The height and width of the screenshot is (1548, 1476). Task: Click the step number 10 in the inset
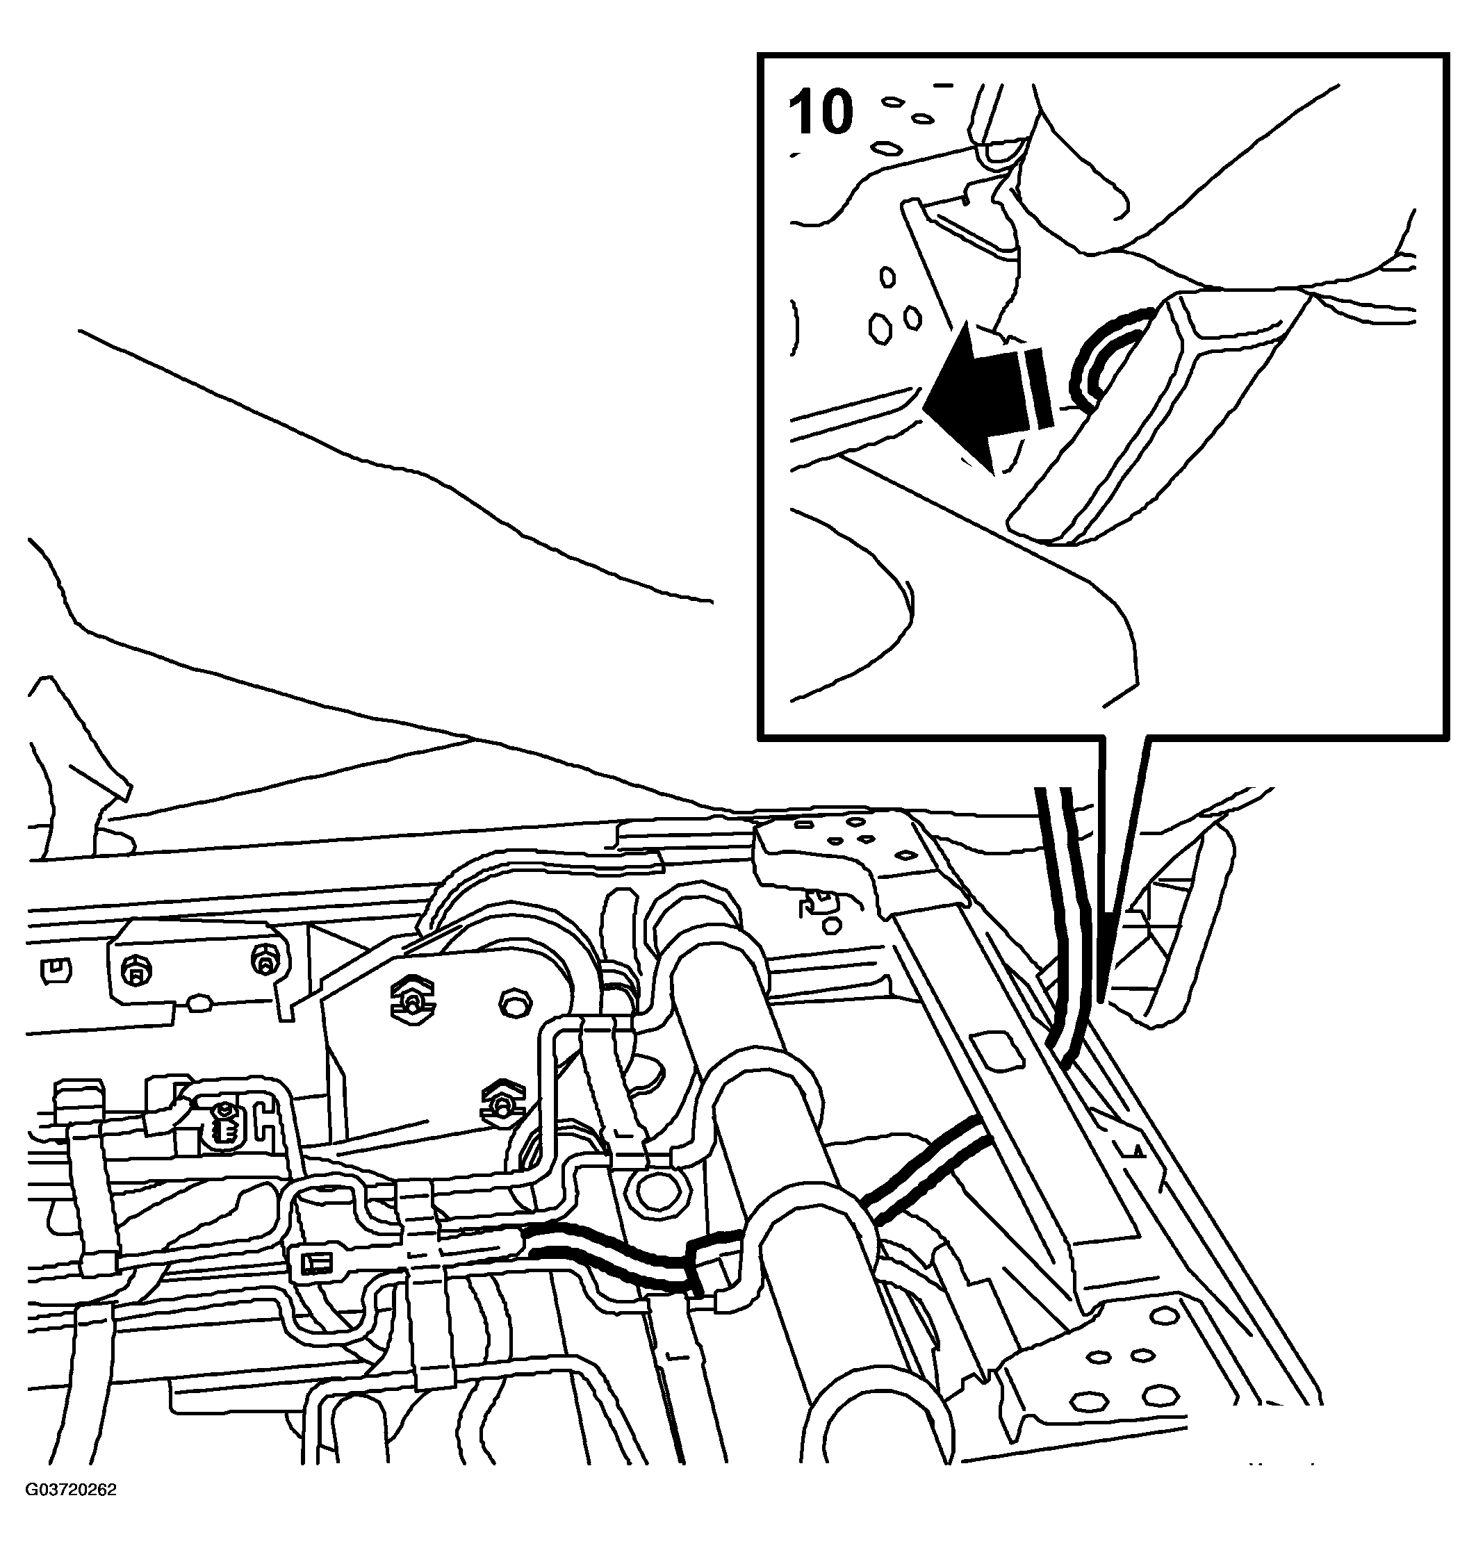tap(820, 113)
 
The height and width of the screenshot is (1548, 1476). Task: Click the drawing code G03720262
tap(71, 1512)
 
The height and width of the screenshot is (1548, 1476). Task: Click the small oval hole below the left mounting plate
tap(200, 1002)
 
